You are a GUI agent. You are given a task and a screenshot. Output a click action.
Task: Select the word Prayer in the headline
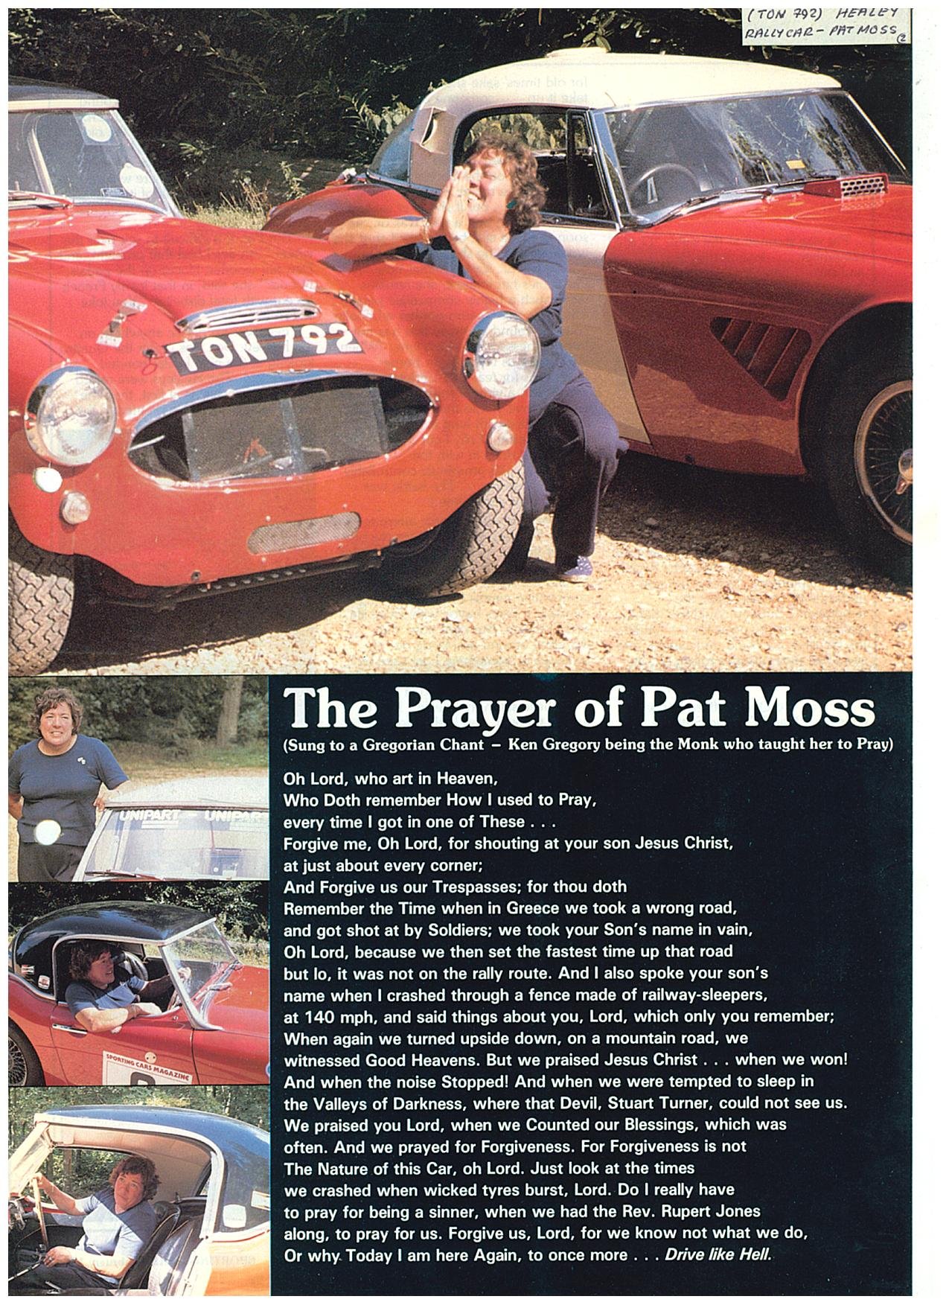point(475,709)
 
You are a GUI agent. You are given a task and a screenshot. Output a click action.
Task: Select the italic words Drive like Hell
point(718,1255)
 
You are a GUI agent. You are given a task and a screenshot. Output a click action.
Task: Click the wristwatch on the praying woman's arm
point(461,235)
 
